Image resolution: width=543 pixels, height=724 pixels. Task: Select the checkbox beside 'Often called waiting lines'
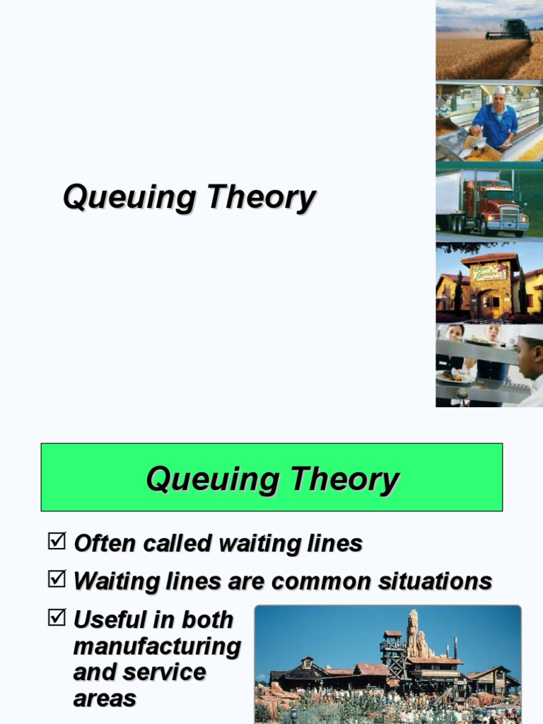tap(56, 542)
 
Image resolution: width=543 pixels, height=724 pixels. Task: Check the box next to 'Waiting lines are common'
tap(56, 580)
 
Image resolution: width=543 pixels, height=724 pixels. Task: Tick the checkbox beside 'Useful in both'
tap(56, 617)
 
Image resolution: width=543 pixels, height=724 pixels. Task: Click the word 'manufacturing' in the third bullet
tap(157, 646)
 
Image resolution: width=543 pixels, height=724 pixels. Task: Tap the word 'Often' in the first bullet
tap(105, 543)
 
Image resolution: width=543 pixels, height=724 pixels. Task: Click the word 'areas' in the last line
tap(105, 699)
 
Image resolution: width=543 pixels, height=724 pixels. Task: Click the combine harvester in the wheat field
tap(510, 30)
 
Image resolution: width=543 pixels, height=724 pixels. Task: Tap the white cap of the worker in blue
tap(500, 90)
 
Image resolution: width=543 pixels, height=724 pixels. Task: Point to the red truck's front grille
tap(510, 216)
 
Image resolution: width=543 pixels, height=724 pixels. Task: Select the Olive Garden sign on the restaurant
tap(489, 271)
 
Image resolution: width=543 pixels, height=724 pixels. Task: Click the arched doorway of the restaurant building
tap(489, 304)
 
